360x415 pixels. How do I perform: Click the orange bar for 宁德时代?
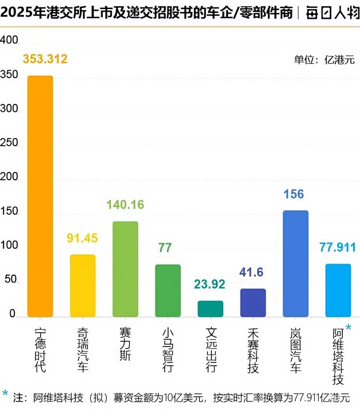40,196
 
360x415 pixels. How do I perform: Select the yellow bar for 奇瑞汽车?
83,285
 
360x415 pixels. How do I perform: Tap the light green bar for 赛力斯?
125,269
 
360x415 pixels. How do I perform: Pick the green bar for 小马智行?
168,291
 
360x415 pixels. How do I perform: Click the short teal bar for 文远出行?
210,309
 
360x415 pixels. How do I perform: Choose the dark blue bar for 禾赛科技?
253,303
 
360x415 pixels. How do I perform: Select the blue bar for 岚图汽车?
295,264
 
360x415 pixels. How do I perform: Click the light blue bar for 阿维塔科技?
338,290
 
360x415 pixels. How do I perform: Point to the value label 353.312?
45,59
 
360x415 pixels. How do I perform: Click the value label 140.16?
125,204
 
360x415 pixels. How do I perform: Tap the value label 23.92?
210,284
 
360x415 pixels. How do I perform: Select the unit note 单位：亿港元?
324,59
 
